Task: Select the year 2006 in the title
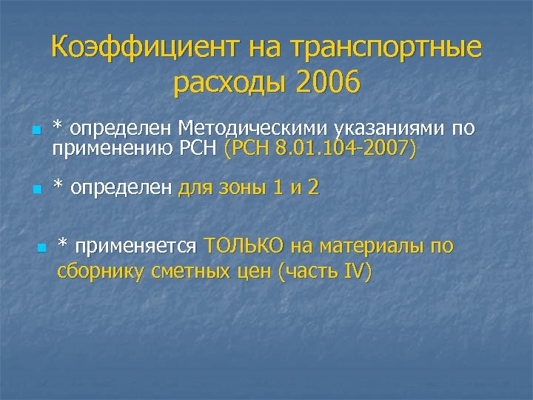pyautogui.click(x=326, y=83)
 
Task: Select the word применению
pyautogui.click(x=109, y=149)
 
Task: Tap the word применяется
pyautogui.click(x=135, y=245)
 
